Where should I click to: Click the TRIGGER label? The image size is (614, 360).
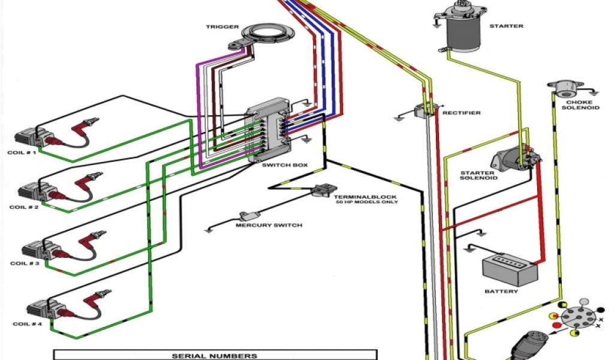222,27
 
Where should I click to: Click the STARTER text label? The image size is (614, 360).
506,26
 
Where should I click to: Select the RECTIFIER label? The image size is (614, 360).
461,113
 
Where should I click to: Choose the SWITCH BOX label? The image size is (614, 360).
280,164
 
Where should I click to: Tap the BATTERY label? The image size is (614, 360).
501,292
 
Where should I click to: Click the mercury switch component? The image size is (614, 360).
247,216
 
